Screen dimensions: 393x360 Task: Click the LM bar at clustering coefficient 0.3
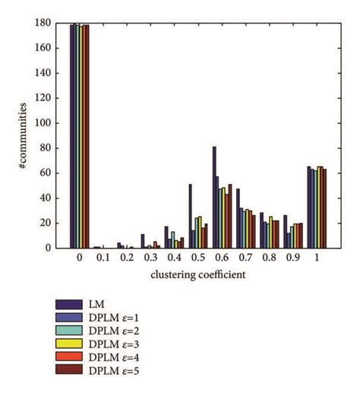coord(142,241)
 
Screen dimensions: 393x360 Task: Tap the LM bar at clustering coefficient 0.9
coord(286,232)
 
